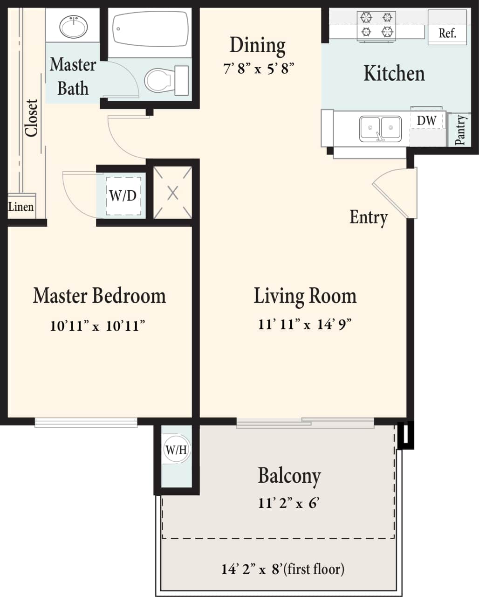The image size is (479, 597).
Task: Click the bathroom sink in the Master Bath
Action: coord(73,26)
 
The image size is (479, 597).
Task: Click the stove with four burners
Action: coord(376,25)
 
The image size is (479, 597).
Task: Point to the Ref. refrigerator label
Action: coord(447,34)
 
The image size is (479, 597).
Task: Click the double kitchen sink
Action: coord(380,128)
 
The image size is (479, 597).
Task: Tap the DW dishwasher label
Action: coord(426,121)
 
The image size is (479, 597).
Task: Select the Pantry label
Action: coord(460,130)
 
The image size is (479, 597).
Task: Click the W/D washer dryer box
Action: coord(123,196)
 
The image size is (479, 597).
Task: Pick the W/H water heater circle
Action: coord(176,450)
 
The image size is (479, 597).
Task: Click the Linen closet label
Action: coord(21,207)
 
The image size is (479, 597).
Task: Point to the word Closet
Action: coord(32,118)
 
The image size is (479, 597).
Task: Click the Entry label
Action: coord(369,217)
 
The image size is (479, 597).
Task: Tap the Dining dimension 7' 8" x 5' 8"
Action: coord(259,69)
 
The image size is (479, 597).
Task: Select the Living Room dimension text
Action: coord(304,324)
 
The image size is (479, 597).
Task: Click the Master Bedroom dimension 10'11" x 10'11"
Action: coord(97,326)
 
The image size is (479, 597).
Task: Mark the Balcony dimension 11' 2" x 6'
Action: coord(288,503)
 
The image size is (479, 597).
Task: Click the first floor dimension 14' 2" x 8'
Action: coord(283,569)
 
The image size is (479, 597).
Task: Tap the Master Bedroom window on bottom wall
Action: coord(86,423)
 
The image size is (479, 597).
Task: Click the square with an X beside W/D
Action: coord(173,193)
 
